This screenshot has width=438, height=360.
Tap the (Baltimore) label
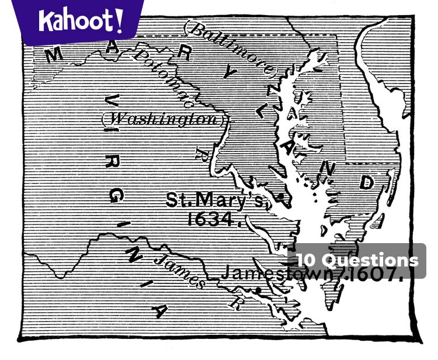click(x=229, y=50)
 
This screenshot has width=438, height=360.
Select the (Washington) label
click(x=163, y=119)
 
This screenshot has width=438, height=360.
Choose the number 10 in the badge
click(x=307, y=261)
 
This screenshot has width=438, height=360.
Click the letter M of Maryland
click(x=54, y=54)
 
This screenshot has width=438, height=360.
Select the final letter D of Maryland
click(x=366, y=182)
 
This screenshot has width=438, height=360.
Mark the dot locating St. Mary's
click(x=280, y=197)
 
